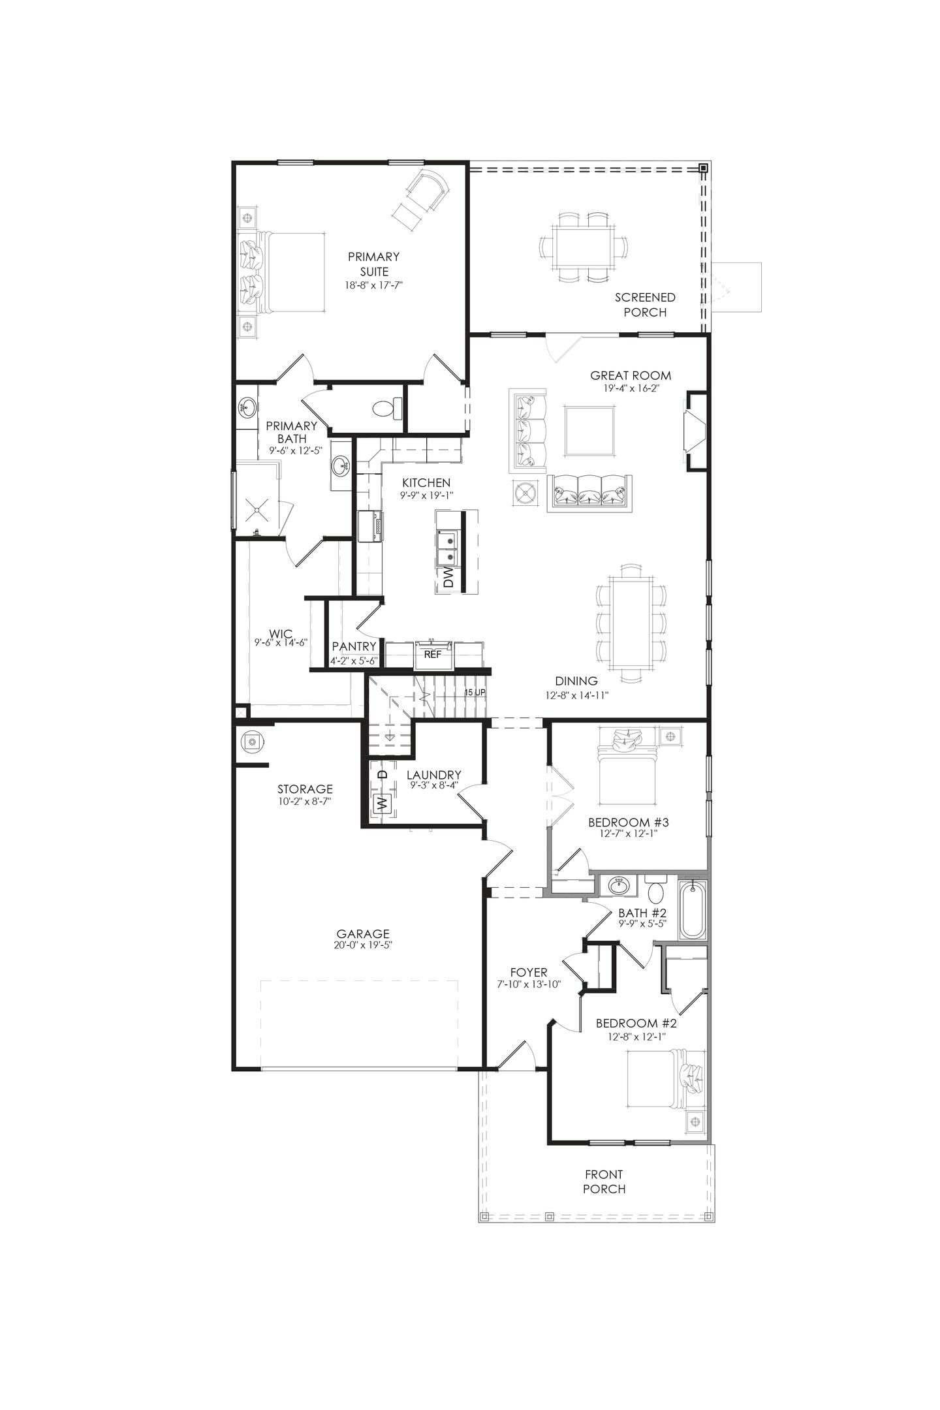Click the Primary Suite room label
[373, 264]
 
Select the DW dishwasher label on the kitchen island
[448, 577]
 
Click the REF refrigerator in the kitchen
[433, 655]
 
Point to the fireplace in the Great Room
[694, 431]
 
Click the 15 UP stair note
[475, 692]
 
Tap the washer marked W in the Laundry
[383, 802]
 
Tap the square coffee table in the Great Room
[590, 431]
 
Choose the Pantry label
[354, 646]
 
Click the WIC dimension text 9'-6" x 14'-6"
[281, 642]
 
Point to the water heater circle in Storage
[251, 742]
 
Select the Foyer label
[529, 972]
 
